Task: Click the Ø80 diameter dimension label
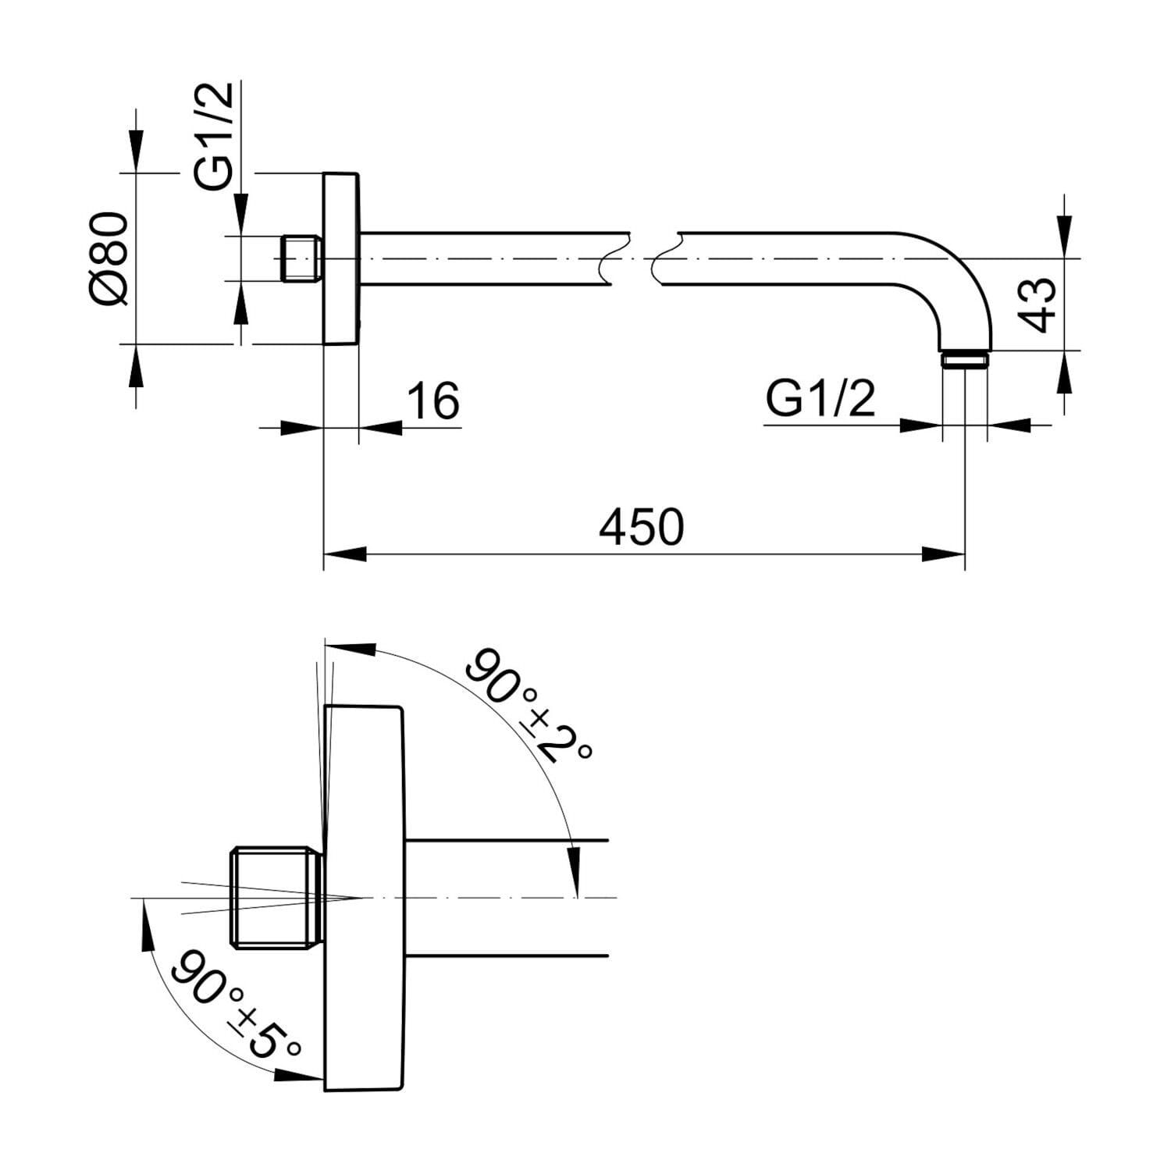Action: [x=108, y=258]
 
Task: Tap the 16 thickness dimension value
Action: [x=433, y=400]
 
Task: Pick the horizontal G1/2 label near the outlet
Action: [x=820, y=400]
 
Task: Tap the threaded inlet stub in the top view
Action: [x=300, y=258]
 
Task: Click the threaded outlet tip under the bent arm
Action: [x=965, y=359]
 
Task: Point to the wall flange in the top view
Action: [x=341, y=258]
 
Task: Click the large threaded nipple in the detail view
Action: [x=277, y=899]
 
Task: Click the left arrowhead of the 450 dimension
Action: [x=343, y=554]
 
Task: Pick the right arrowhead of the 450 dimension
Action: [x=945, y=554]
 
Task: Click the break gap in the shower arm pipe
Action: [x=640, y=258]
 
